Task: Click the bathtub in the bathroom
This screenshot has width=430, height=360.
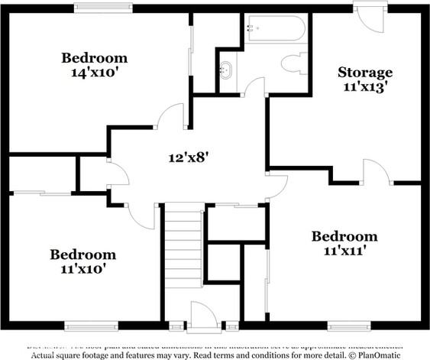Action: coord(275,29)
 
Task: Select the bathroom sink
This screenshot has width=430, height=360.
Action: coord(226,70)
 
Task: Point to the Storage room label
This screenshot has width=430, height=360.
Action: coord(365,73)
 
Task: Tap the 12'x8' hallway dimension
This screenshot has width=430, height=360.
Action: coord(189,158)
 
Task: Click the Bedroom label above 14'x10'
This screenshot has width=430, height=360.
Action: coord(95,57)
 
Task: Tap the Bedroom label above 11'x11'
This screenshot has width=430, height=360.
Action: coord(344,235)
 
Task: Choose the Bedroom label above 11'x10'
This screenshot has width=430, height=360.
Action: coord(83,255)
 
